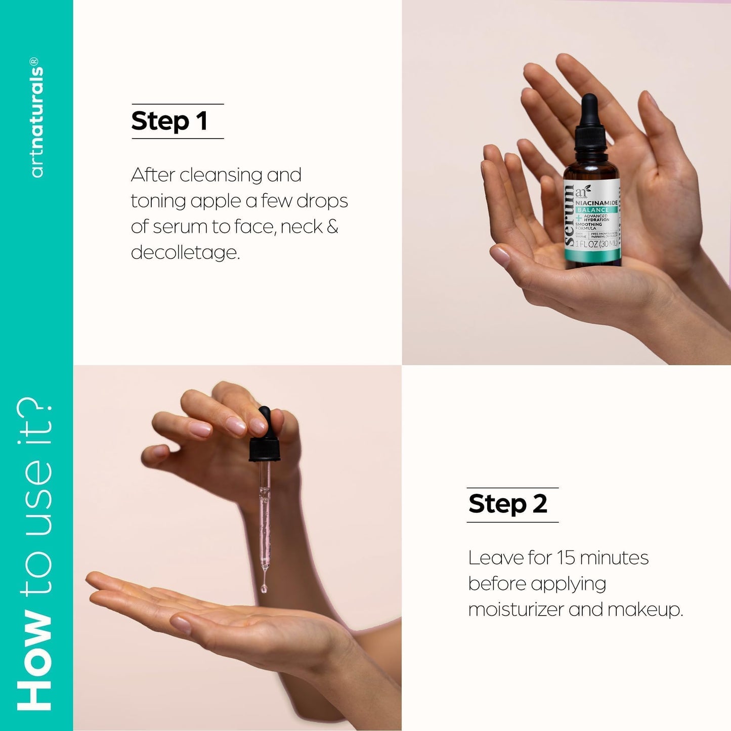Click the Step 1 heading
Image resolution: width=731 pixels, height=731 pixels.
(169, 121)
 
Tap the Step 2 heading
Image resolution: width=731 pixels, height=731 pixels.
(508, 504)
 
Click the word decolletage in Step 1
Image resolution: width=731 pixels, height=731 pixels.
(185, 252)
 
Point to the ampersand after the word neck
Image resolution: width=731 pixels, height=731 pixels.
(332, 226)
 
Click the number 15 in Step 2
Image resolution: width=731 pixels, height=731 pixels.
(566, 558)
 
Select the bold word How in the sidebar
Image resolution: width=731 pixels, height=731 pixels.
(35, 662)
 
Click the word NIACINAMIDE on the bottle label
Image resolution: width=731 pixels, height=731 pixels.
(596, 203)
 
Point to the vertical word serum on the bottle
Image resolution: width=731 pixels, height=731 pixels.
(569, 215)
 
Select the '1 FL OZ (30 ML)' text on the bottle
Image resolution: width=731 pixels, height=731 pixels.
(596, 244)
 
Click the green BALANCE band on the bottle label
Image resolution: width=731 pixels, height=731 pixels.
(593, 210)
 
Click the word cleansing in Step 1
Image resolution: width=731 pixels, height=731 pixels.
(221, 175)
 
